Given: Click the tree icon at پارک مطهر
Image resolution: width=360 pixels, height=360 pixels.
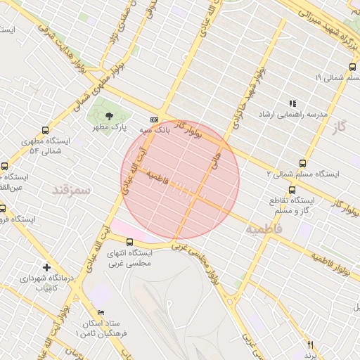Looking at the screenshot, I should (x=108, y=116).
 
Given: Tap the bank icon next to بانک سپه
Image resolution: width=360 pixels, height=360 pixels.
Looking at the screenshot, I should (x=154, y=120).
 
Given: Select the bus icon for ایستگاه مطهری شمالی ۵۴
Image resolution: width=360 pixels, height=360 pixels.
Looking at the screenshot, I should (x=46, y=130).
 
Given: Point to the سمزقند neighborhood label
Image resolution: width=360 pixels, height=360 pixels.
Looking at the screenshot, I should (x=72, y=190).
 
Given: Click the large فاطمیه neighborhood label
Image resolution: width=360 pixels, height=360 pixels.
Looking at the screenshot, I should (x=264, y=229).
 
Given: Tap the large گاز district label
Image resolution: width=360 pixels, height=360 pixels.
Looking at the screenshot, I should (x=341, y=127).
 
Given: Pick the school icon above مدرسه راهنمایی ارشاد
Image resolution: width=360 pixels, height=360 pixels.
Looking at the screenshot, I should (x=292, y=103).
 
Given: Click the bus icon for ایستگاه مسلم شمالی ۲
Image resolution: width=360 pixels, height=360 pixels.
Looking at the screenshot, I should (x=303, y=163).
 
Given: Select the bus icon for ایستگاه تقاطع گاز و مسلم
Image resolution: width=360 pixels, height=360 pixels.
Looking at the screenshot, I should (x=292, y=190).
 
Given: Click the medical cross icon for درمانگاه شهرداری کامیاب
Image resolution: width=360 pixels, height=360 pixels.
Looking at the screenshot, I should (x=46, y=267).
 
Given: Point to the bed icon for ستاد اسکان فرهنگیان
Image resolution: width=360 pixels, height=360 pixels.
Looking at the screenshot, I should (x=101, y=312).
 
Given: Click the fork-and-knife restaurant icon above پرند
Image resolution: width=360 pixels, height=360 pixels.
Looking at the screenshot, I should (x=310, y=344).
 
